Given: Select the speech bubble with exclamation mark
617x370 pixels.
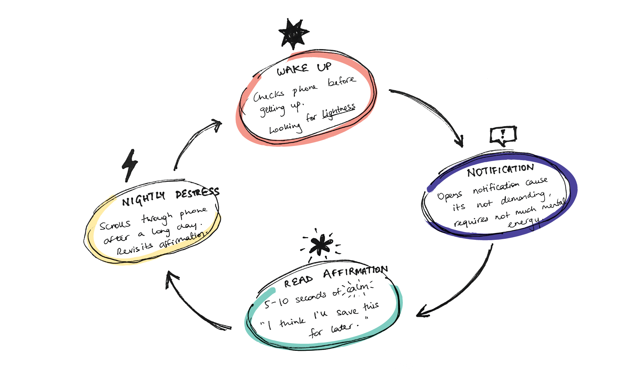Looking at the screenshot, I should (x=503, y=135).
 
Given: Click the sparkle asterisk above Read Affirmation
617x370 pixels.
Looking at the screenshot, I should (x=321, y=245).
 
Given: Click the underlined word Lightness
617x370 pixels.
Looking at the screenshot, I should (x=338, y=111).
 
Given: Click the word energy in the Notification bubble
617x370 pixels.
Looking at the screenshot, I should (x=524, y=223).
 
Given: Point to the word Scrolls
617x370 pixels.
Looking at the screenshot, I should (x=115, y=225).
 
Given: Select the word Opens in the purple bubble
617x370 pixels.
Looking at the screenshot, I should (x=450, y=196).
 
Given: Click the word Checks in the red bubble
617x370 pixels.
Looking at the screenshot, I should (x=268, y=96).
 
